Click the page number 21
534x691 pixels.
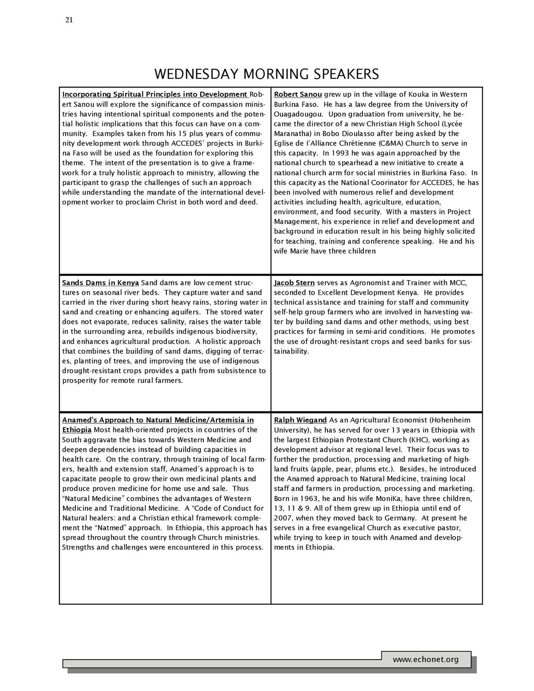click(x=69, y=20)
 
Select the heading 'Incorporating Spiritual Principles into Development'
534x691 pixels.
click(x=155, y=94)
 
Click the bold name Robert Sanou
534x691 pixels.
click(x=298, y=94)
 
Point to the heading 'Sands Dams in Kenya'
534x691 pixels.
click(x=101, y=283)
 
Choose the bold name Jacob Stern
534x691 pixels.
click(x=294, y=283)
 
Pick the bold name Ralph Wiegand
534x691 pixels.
click(x=300, y=420)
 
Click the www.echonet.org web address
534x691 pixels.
click(x=426, y=659)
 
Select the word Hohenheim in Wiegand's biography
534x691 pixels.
click(x=451, y=420)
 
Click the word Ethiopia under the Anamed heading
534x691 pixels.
click(x=77, y=430)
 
